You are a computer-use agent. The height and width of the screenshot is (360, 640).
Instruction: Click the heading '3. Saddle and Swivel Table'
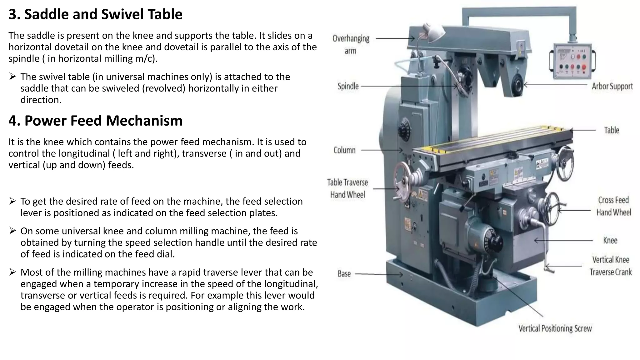click(x=95, y=14)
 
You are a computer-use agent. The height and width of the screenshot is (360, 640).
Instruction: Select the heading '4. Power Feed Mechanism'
click(x=95, y=121)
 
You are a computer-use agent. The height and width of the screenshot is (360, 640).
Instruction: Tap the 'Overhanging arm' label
click(x=351, y=44)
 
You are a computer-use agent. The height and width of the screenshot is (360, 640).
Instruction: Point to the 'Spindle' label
click(x=348, y=86)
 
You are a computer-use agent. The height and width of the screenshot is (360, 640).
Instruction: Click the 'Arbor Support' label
click(x=612, y=86)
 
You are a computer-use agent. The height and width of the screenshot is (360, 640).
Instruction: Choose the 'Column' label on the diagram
click(x=344, y=150)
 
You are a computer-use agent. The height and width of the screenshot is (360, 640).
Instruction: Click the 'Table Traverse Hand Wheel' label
click(x=347, y=188)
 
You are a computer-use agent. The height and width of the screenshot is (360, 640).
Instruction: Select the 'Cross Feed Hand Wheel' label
click(x=613, y=206)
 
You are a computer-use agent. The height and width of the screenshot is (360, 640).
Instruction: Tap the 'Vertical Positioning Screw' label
click(x=555, y=328)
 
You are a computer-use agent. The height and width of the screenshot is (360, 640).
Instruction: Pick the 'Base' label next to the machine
click(x=344, y=274)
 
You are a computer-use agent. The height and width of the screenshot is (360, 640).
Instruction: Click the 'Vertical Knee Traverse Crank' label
click(x=610, y=266)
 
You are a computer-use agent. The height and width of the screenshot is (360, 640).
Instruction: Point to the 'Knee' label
click(x=610, y=241)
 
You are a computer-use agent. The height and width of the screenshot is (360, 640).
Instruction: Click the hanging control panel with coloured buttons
click(x=572, y=61)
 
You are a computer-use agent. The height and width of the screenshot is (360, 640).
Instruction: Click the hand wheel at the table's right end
click(x=566, y=163)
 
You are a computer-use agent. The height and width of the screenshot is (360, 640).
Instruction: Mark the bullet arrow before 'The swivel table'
click(x=12, y=77)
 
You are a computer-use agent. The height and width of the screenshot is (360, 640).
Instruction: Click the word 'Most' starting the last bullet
click(x=31, y=272)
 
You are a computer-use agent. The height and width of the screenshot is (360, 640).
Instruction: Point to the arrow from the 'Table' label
click(x=583, y=130)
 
